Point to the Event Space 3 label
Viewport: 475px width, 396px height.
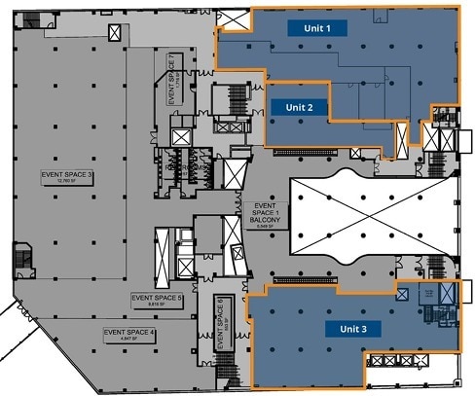click(66, 174)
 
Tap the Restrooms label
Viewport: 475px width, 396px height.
click(185, 167)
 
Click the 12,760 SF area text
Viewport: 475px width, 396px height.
click(66, 181)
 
